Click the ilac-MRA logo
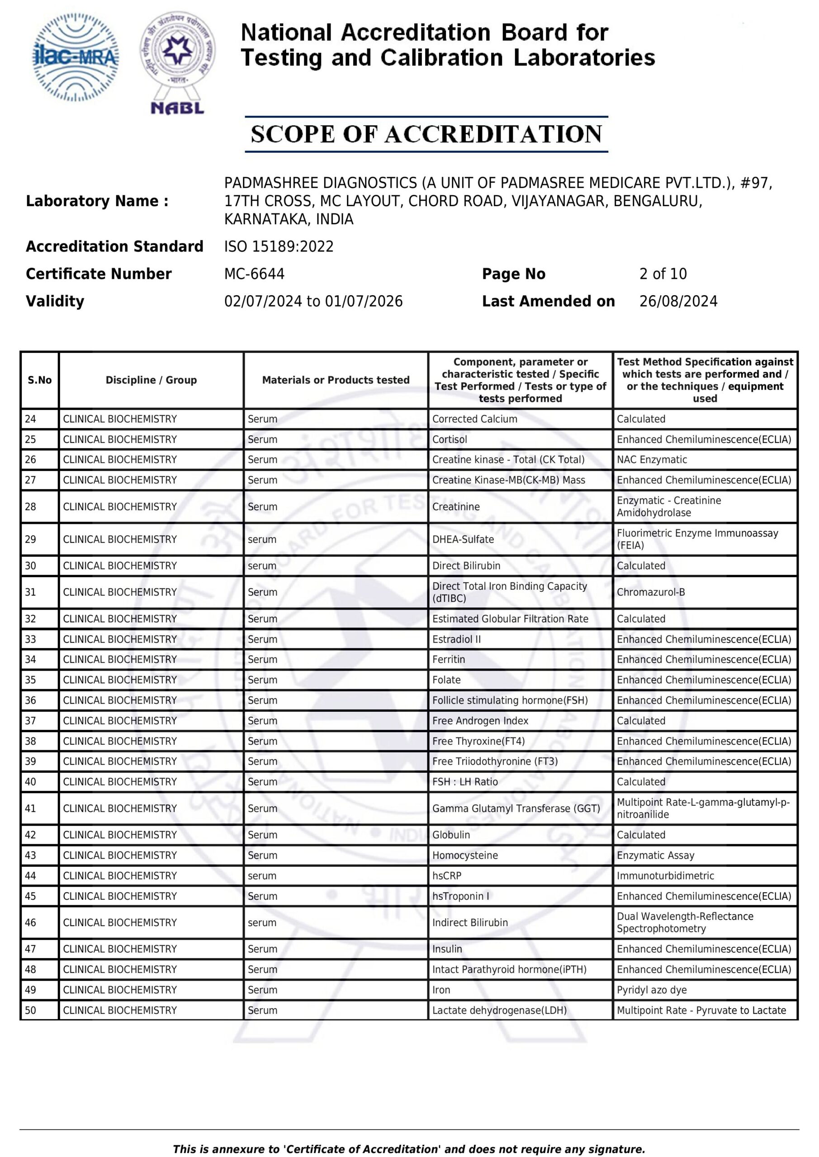tap(76, 57)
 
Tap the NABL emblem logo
tap(178, 63)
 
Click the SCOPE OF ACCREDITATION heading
tap(426, 134)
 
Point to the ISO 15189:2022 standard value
tap(279, 246)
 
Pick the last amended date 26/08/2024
tap(678, 301)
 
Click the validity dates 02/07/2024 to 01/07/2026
tap(313, 301)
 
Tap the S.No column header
tap(39, 380)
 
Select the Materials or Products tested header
tap(336, 380)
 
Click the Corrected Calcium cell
tap(474, 419)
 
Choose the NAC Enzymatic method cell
tap(652, 460)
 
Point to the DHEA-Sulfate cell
tap(463, 539)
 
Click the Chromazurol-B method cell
tap(651, 592)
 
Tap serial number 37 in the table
tap(30, 720)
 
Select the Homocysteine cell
tap(465, 855)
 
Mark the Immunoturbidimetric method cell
tap(665, 876)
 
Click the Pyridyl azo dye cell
tap(652, 990)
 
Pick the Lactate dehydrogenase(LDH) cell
tap(499, 1011)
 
